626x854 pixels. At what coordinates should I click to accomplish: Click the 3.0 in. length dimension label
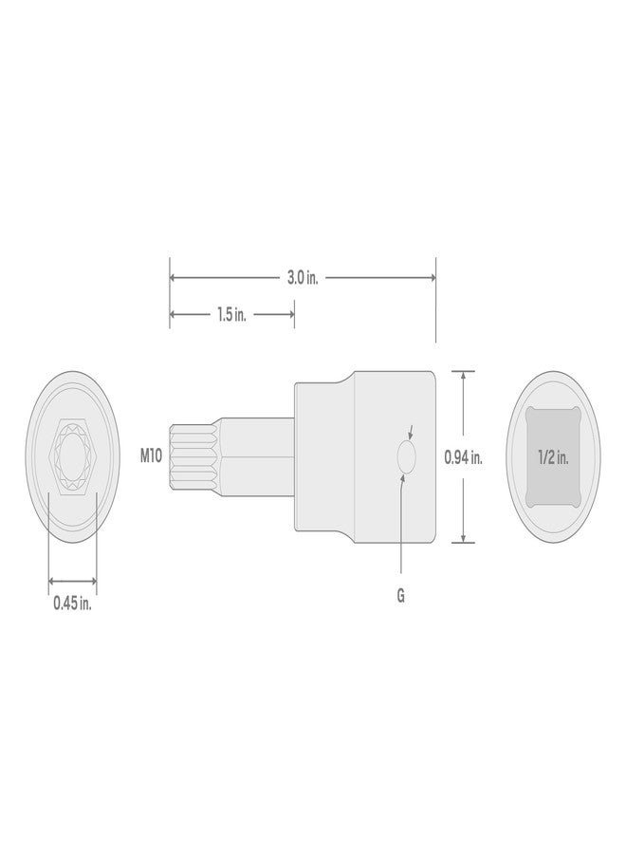[303, 278]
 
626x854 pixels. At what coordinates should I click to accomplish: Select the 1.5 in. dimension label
[231, 315]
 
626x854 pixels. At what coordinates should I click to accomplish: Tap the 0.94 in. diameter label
[464, 456]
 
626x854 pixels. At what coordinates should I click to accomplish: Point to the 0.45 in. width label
[72, 603]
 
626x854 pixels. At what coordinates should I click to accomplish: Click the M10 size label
[152, 456]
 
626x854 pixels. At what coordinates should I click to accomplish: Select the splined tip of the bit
[188, 456]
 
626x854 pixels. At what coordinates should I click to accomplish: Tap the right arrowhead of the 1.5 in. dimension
[289, 315]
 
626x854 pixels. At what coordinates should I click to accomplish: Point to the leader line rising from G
[401, 531]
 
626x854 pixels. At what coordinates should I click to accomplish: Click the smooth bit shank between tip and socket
[256, 456]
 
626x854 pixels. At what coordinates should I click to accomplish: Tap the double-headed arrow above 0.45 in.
[72, 581]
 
